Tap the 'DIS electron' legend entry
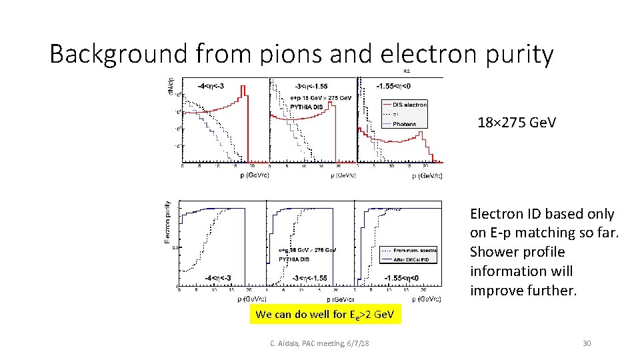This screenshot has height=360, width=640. tap(409, 105)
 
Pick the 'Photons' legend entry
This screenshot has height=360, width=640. tap(404, 124)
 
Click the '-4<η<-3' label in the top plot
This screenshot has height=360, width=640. tap(211, 86)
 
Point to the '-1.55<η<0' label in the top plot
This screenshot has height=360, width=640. tap(393, 86)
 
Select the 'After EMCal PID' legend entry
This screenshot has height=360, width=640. tap(411, 259)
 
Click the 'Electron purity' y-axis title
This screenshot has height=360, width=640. tap(167, 222)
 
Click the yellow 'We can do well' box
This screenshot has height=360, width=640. tap(325, 315)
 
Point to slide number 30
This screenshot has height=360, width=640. tap(587, 343)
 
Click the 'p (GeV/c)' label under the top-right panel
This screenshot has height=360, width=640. tap(427, 176)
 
